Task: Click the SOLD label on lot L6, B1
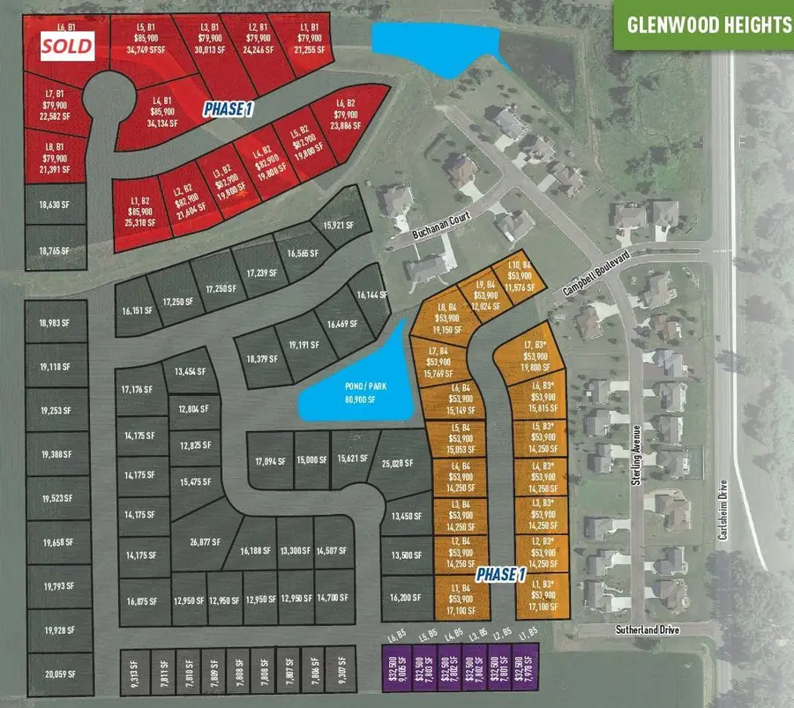tap(69, 46)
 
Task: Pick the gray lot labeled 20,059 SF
tap(59, 676)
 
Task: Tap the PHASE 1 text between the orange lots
tap(500, 575)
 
